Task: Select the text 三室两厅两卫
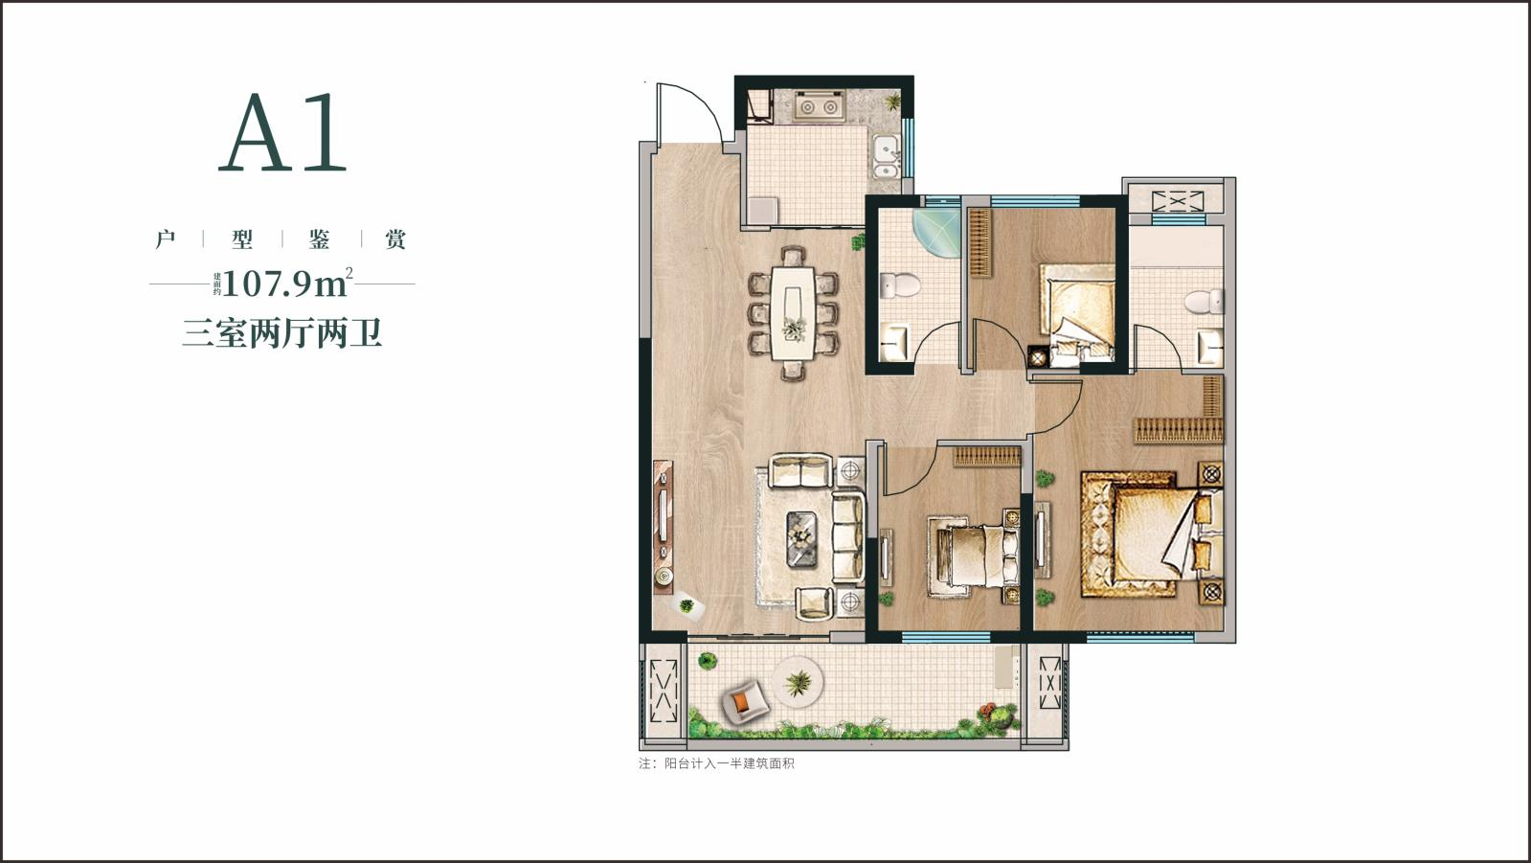[281, 333]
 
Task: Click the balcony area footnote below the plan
[716, 763]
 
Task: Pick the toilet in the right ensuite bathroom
[1204, 302]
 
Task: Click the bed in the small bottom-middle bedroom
[973, 556]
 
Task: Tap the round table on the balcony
[797, 683]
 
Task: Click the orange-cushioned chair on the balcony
[744, 702]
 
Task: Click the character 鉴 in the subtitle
[319, 238]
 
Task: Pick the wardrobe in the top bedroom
[980, 242]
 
